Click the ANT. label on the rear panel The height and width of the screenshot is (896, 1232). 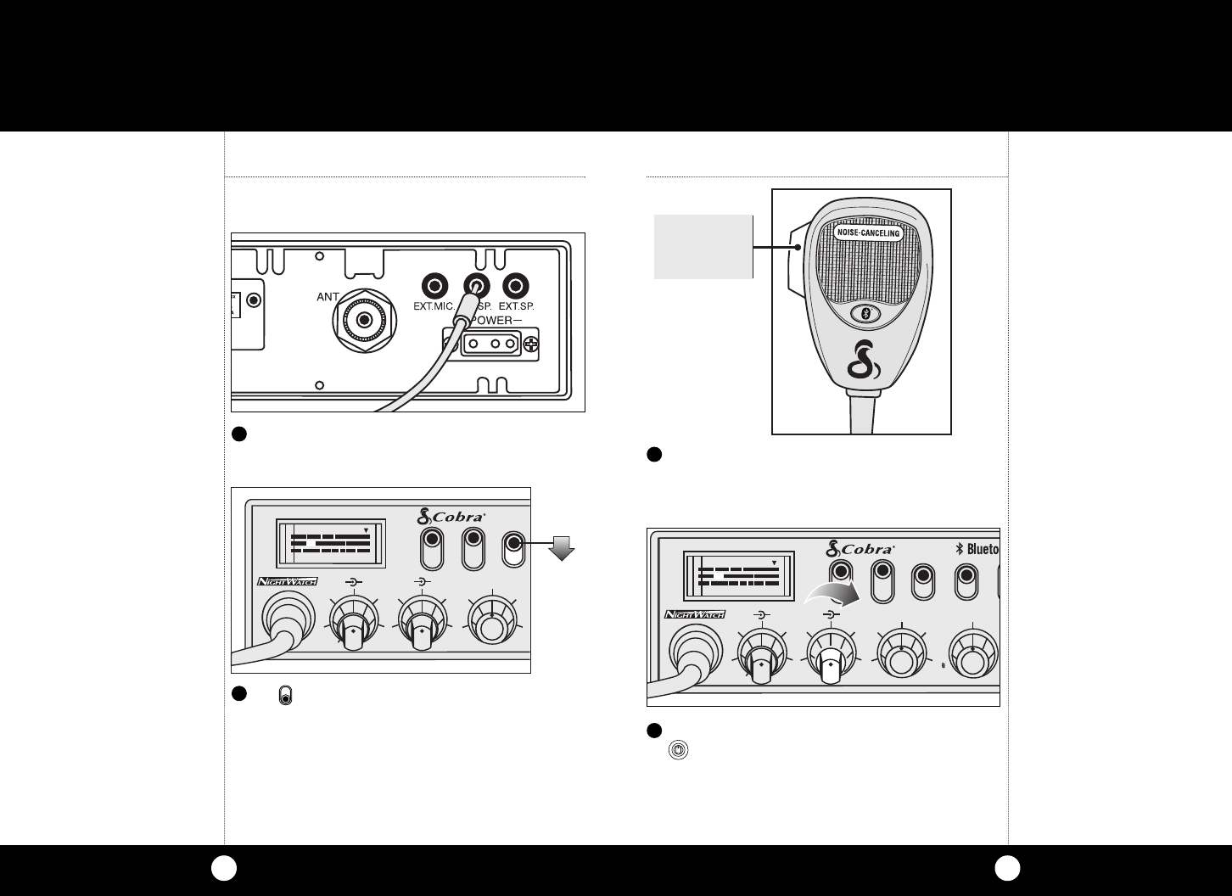point(328,297)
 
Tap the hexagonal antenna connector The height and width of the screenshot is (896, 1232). point(365,321)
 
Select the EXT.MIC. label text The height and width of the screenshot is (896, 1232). point(434,306)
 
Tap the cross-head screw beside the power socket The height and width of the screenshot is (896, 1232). point(532,344)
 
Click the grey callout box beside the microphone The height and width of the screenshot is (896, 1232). point(703,246)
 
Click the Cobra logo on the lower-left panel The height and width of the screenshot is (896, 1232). point(451,515)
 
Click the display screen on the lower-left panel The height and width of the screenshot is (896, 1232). point(331,542)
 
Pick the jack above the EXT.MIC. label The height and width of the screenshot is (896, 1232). point(435,285)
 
